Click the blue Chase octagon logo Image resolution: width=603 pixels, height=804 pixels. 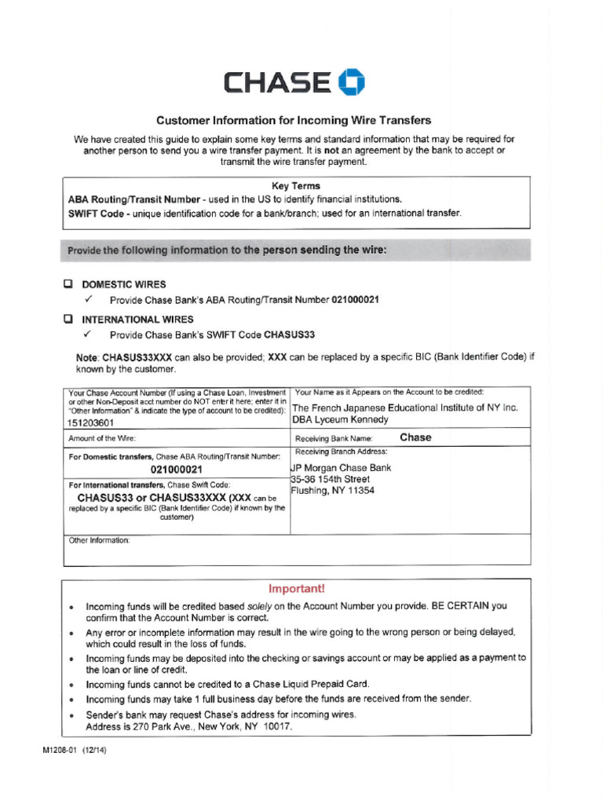coord(351,82)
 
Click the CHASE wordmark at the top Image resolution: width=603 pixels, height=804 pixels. coord(277,82)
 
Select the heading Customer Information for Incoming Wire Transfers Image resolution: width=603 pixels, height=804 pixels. coord(294,120)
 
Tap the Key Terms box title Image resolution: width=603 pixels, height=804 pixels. coord(296,186)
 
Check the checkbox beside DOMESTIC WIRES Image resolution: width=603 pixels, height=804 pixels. coord(68,284)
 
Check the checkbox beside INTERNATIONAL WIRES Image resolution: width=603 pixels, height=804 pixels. coord(68,320)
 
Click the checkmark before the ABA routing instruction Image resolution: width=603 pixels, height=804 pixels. coord(89,300)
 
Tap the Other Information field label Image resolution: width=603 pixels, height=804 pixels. coord(100,540)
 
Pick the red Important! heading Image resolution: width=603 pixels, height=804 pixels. coord(296,588)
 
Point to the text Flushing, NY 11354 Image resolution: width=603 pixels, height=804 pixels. coord(333,491)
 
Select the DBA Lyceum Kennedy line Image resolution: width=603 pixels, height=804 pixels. coord(340,419)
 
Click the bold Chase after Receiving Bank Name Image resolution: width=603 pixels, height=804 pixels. coord(415,437)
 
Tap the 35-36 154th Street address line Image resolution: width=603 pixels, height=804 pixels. coord(331,479)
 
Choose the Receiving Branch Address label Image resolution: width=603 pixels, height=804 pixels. coord(341,451)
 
